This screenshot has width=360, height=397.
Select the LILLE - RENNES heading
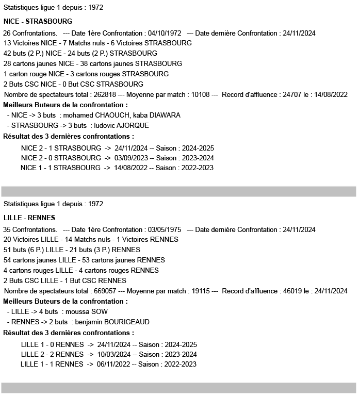[x=29, y=218]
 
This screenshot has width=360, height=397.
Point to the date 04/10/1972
[x=165, y=33]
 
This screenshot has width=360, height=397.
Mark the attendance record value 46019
[x=294, y=291]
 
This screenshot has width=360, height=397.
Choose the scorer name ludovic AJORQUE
[x=121, y=125]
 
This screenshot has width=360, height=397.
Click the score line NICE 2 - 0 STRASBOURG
[x=61, y=158]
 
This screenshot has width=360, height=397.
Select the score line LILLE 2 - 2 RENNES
[x=52, y=354]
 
